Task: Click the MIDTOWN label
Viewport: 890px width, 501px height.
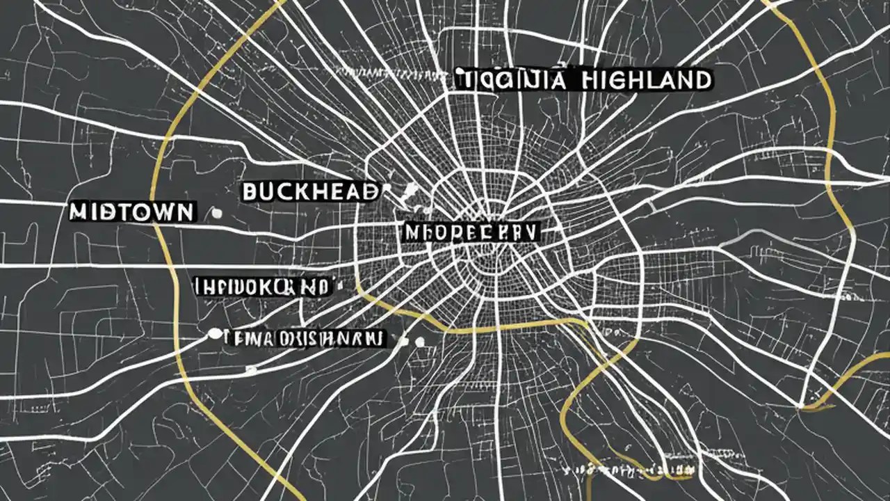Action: [131, 212]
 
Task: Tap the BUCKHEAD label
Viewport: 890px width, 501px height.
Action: [311, 191]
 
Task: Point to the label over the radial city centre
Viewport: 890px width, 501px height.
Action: [469, 232]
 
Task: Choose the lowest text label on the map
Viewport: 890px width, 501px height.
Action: [304, 339]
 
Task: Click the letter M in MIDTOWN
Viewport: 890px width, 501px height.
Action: [79, 212]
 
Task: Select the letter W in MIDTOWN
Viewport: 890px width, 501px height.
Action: [165, 212]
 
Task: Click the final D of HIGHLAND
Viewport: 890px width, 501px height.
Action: [702, 80]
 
